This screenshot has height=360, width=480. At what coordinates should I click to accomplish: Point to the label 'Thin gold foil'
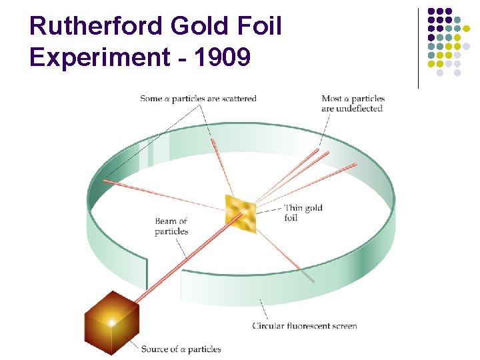[x=303, y=213]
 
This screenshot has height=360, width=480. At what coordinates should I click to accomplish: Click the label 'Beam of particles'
[x=171, y=226]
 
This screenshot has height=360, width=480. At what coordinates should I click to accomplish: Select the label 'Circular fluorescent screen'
[x=304, y=326]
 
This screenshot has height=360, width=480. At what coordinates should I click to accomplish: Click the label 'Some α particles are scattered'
[x=198, y=99]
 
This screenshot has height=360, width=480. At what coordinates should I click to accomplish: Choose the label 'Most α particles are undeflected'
[x=353, y=103]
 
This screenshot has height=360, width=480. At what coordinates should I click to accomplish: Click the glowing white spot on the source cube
[x=111, y=323]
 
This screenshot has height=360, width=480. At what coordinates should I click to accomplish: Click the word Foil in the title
[x=261, y=27]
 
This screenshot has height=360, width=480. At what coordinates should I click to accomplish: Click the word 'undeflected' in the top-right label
[x=361, y=108]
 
